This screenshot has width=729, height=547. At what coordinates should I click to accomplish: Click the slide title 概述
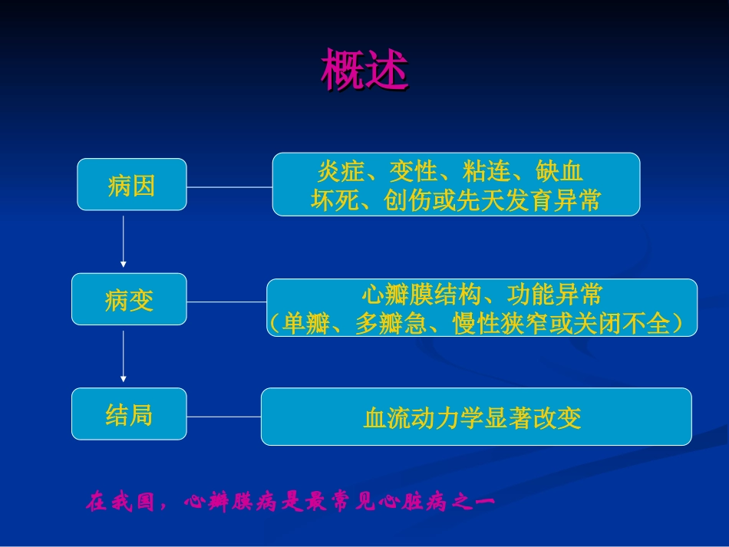pos(364,70)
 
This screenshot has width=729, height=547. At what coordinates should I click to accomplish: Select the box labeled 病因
pos(131,185)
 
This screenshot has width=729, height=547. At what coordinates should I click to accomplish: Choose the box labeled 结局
pos(129,415)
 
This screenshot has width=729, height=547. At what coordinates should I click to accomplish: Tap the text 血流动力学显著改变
pos(473,418)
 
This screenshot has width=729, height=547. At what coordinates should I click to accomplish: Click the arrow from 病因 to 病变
pos(124,241)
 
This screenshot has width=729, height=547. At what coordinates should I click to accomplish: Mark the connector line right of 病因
pos(229,186)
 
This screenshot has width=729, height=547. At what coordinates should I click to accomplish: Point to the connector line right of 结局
pos(224,417)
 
